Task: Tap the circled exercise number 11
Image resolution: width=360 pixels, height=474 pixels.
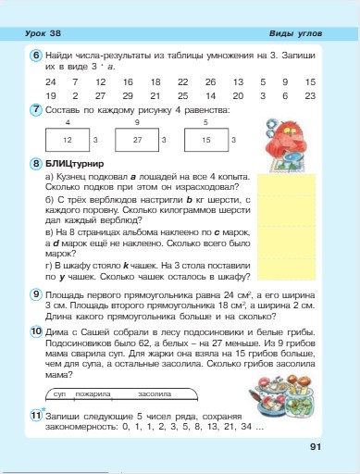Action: pos(35,415)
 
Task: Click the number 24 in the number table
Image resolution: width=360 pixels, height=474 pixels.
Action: pos(49,81)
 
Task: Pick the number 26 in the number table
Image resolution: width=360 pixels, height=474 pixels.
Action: pos(211,81)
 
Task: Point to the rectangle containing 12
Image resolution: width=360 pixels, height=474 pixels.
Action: pos(67,139)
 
